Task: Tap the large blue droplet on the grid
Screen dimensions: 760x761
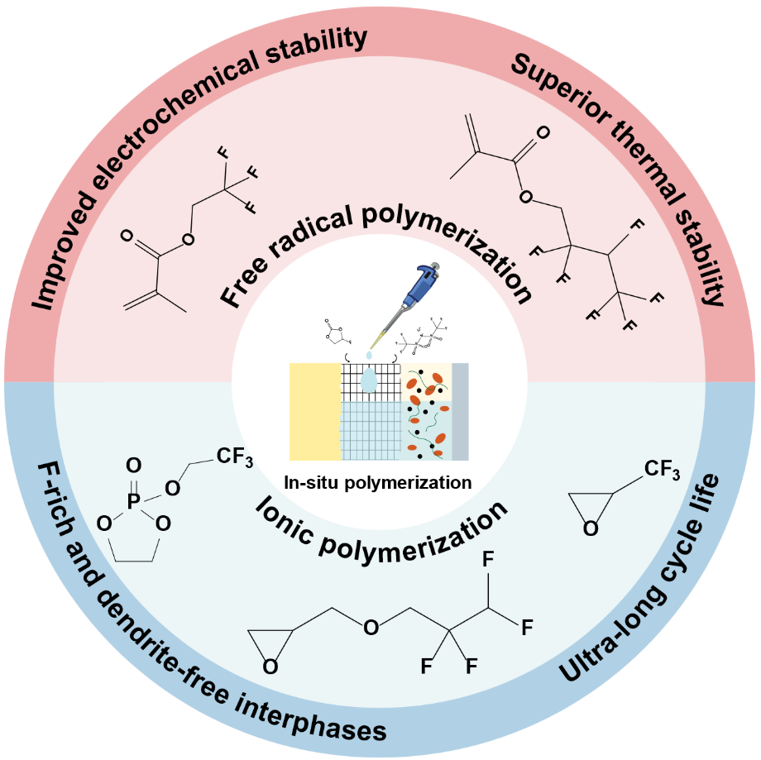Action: click(370, 381)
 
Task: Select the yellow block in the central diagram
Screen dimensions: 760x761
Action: click(314, 411)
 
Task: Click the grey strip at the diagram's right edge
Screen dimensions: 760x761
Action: click(460, 411)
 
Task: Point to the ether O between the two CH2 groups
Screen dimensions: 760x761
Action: click(371, 627)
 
